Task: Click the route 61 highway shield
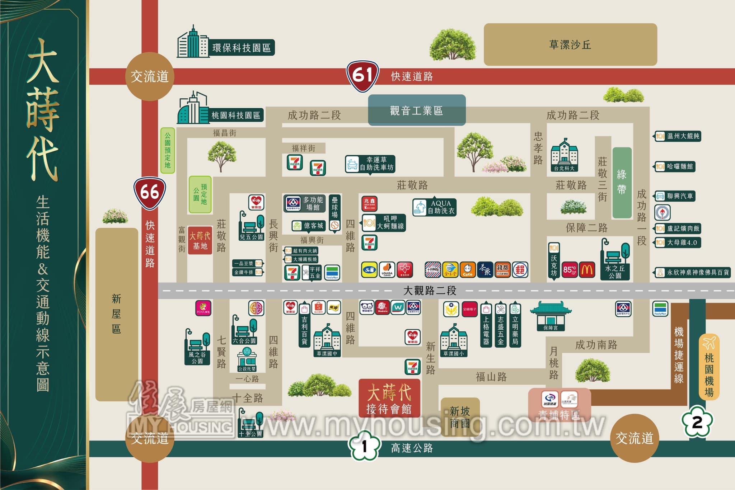[x=362, y=76]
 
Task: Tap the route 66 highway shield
[x=150, y=192]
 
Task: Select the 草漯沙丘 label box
[x=570, y=44]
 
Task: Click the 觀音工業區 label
[x=417, y=110]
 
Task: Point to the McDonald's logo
[x=587, y=270]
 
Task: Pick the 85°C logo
[x=570, y=270]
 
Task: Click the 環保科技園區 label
[x=241, y=48]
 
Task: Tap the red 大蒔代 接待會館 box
[x=389, y=398]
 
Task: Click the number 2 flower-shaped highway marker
[x=697, y=422]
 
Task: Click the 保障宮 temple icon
[x=551, y=316]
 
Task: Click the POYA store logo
[x=203, y=308]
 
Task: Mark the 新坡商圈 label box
[x=460, y=417]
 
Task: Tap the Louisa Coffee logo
[x=387, y=270]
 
